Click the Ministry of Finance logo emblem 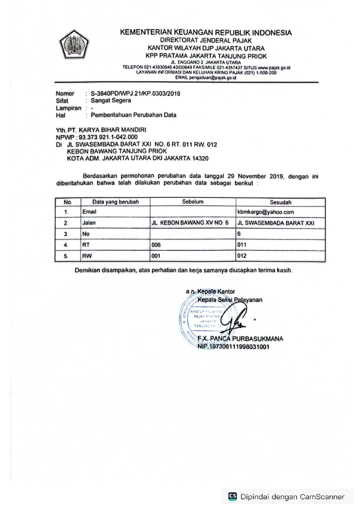point(74,44)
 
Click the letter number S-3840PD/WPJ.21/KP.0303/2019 point(135,94)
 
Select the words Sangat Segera point(111,101)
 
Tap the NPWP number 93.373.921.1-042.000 point(108,137)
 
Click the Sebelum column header point(193,202)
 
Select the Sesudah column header point(280,202)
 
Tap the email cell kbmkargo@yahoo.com point(265,212)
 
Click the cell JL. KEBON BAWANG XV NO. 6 point(190,223)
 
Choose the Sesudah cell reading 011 point(242,245)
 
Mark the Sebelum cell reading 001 point(156,256)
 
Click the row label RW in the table point(87,256)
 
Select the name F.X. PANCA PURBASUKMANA point(240,339)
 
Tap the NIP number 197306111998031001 point(233,347)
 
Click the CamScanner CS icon point(233,496)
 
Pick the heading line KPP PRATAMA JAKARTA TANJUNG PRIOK point(206,56)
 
